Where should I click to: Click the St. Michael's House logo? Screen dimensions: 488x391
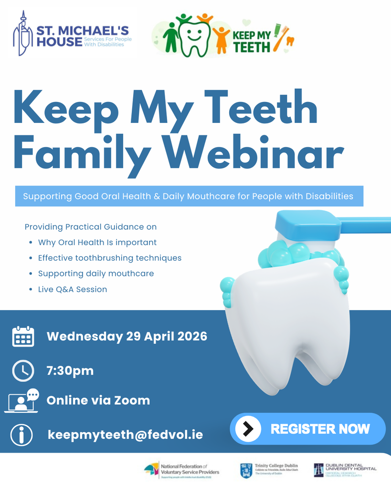click(x=72, y=34)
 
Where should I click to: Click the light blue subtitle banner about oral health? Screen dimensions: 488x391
click(x=189, y=196)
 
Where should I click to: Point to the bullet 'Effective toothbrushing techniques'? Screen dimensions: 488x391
click(x=110, y=258)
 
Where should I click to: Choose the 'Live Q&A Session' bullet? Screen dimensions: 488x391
click(x=73, y=289)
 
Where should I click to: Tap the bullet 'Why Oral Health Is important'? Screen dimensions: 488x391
click(x=97, y=242)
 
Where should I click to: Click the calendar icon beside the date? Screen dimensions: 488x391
click(x=23, y=336)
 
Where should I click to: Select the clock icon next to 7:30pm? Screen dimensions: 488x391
click(x=23, y=371)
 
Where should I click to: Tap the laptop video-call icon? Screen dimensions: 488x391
click(x=22, y=401)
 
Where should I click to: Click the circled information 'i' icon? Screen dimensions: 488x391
click(x=22, y=435)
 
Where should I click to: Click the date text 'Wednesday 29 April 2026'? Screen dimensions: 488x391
click(x=127, y=336)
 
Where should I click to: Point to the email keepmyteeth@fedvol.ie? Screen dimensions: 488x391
click(x=126, y=435)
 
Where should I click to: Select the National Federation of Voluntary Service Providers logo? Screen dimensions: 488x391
click(x=182, y=470)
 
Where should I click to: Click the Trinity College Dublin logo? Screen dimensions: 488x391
click(x=269, y=470)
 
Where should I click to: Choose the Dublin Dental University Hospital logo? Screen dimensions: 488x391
click(x=345, y=470)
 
